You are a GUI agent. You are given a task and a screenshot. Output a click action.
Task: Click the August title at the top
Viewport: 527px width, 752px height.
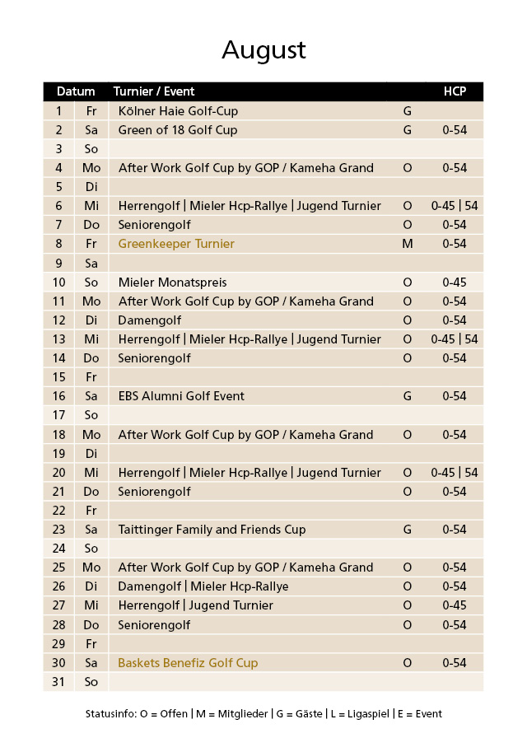(263, 50)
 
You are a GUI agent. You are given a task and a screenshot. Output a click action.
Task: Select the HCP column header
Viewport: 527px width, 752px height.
(455, 91)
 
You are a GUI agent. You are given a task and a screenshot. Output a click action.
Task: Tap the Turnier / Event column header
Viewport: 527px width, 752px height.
(154, 91)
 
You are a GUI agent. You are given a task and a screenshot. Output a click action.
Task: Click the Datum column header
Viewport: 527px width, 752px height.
(76, 91)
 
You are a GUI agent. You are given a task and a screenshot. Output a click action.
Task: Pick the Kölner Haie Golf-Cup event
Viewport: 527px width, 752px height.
(178, 110)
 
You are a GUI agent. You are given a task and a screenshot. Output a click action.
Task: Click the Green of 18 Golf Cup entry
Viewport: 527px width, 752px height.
(177, 130)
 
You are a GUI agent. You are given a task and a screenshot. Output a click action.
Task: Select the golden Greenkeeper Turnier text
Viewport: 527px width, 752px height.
(176, 244)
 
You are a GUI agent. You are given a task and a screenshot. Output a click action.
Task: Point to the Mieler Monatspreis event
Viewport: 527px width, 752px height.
(172, 283)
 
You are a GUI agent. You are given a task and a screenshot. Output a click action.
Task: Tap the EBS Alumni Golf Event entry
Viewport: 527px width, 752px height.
(181, 396)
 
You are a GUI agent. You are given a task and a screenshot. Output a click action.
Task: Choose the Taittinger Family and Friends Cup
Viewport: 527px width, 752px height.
(212, 530)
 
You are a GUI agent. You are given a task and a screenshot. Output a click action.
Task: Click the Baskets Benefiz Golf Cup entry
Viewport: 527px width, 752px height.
(188, 663)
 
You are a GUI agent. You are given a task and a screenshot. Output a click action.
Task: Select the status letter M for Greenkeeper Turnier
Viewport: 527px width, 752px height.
(407, 244)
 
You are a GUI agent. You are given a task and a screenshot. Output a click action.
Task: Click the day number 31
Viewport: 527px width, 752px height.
(58, 682)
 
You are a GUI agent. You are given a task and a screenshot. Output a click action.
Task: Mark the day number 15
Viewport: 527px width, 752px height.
(58, 377)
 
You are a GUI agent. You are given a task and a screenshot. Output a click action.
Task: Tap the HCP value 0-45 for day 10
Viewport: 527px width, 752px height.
(455, 283)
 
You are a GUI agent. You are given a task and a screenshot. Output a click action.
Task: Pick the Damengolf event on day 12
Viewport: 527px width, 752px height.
(150, 320)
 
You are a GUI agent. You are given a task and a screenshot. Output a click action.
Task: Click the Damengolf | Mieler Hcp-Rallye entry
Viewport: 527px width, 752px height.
(203, 586)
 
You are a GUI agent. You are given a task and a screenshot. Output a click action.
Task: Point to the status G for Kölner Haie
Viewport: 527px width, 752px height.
(407, 110)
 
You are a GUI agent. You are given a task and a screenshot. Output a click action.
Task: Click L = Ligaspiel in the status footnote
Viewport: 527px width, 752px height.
(359, 714)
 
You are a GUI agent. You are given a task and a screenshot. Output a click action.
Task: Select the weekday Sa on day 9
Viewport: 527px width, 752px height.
(91, 264)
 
